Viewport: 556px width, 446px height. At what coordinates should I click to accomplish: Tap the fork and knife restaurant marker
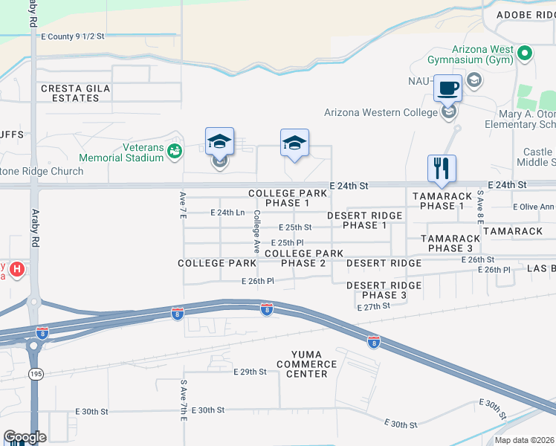[442, 168]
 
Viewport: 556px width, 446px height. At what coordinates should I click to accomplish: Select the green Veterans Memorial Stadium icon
[175, 152]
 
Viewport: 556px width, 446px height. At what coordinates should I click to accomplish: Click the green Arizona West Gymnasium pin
[526, 53]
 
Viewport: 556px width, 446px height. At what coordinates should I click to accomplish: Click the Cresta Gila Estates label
[76, 93]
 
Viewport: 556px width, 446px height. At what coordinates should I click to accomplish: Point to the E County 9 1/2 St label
[73, 36]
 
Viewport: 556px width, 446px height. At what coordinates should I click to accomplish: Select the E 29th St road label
[250, 372]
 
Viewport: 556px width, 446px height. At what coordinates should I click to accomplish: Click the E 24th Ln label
[227, 213]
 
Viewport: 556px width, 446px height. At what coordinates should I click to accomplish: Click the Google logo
[25, 437]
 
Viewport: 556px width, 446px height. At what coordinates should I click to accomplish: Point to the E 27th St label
[373, 306]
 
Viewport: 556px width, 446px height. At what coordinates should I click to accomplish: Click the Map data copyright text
[524, 440]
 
